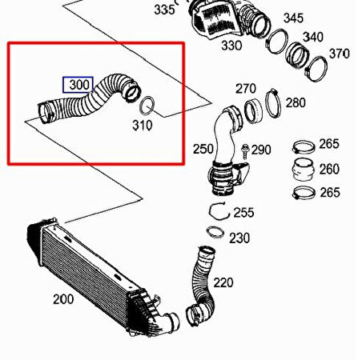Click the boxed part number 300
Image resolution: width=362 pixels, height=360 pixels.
[78, 84]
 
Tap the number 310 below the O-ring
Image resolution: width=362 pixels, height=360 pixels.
[142, 125]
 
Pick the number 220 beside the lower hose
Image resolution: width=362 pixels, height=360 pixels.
[223, 282]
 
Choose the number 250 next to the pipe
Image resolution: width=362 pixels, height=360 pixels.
[203, 149]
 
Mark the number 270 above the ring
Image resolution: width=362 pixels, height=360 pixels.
[245, 88]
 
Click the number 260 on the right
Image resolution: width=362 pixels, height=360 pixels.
[328, 169]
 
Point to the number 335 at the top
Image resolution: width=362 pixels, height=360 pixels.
[163, 10]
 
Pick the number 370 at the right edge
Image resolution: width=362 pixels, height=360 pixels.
[340, 54]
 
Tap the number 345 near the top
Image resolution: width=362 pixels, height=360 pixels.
[293, 18]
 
